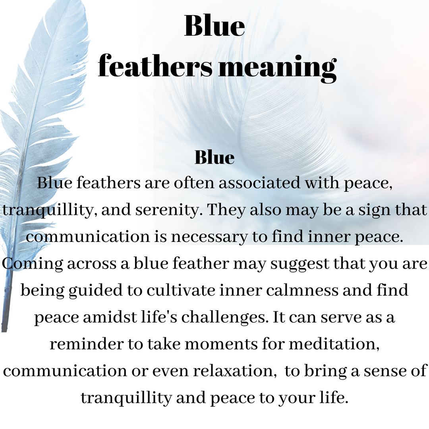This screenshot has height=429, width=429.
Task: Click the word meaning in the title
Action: [277, 68]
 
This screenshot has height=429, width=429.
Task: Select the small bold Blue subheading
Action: [214, 157]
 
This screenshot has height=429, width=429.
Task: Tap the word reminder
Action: [87, 344]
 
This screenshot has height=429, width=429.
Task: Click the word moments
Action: [221, 344]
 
